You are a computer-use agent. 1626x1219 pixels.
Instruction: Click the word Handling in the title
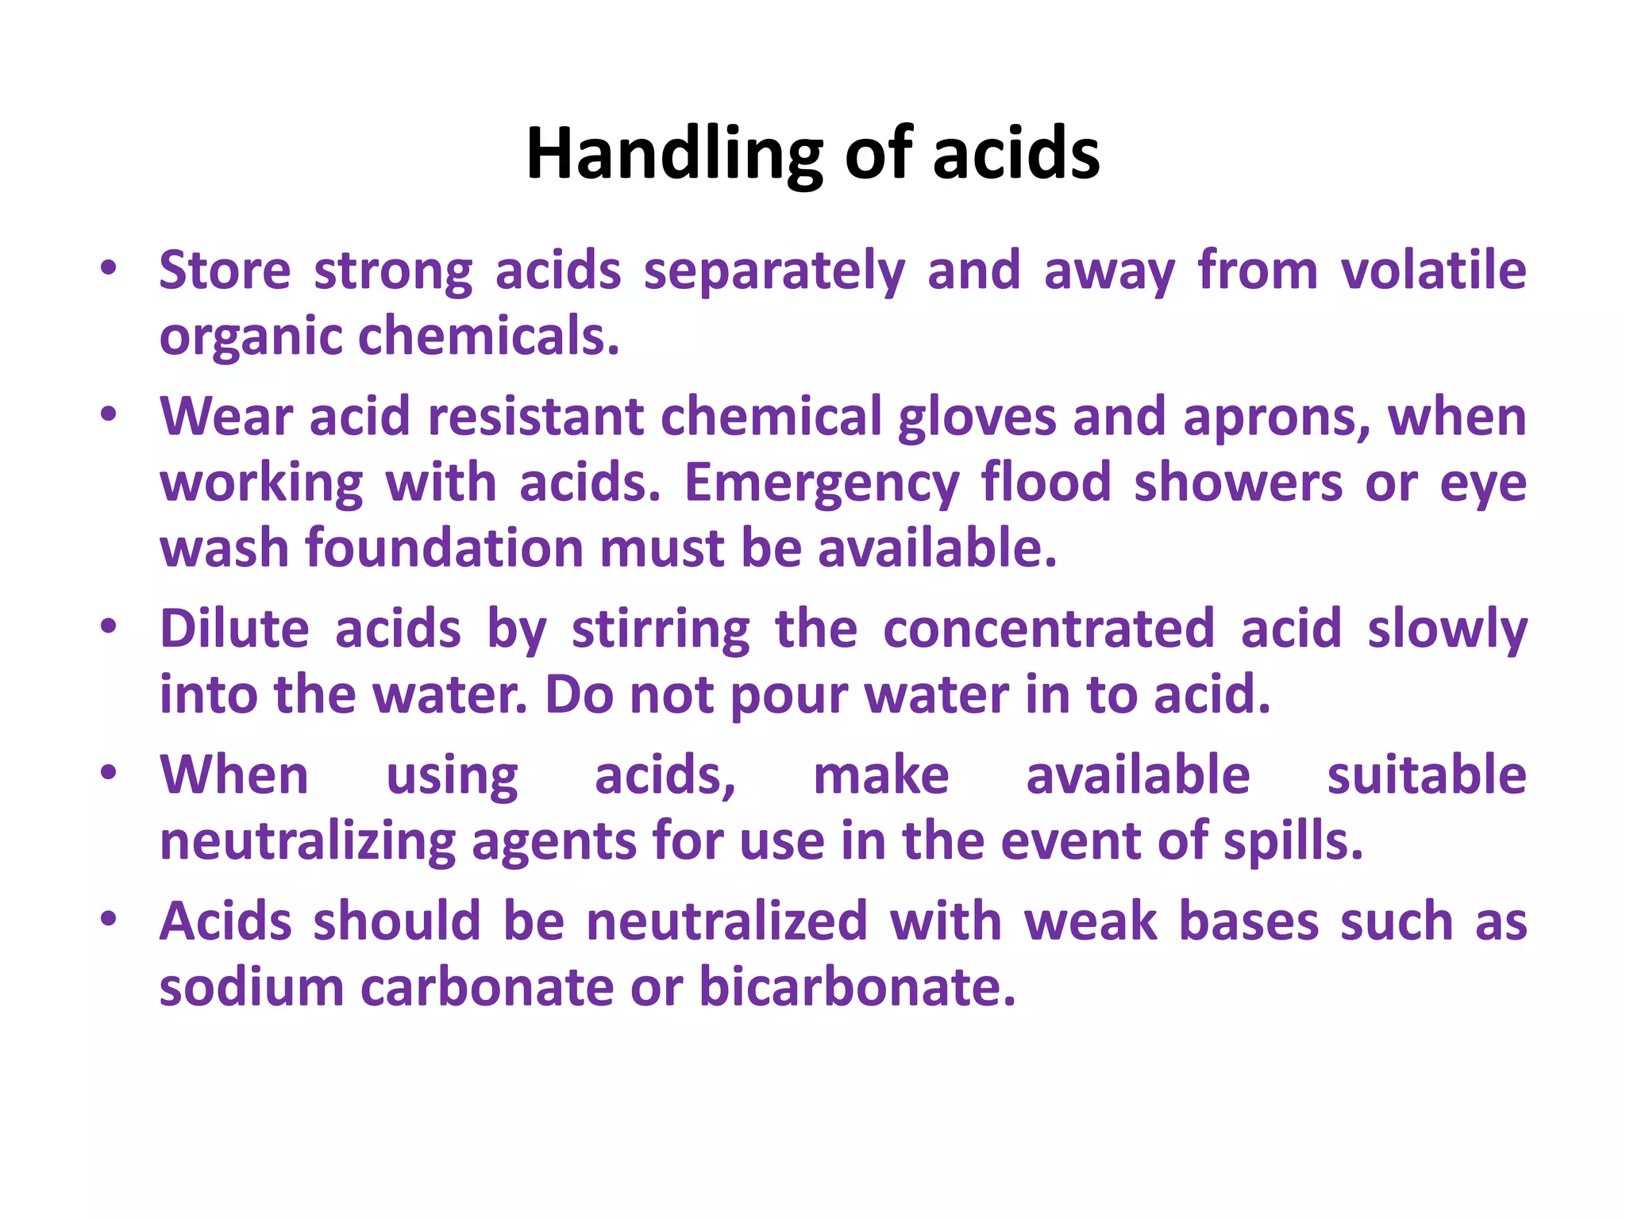675,155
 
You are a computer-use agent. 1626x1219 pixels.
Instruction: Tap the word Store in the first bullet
225,271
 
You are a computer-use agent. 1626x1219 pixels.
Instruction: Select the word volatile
1433,271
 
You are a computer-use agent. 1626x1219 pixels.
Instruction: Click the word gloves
977,417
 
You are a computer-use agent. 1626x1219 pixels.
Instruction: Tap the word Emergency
822,484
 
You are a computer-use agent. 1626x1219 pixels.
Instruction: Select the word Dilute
234,629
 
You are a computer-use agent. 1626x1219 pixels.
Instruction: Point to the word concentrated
1048,629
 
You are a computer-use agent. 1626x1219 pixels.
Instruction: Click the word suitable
1427,775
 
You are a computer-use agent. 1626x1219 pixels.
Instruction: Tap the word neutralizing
307,842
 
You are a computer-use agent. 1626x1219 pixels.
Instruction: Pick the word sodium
251,988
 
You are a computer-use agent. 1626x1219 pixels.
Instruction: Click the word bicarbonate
857,988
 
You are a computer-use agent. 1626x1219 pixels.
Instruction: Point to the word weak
1091,922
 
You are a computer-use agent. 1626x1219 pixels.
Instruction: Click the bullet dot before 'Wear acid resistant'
109,413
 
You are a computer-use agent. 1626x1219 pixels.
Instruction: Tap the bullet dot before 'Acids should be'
109,919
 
